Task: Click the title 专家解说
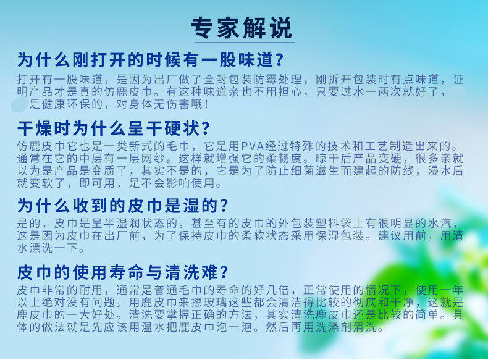pos(242,28)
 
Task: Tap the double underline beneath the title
pos(245,43)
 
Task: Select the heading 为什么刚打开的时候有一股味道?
pos(150,60)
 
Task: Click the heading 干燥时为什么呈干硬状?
pos(114,128)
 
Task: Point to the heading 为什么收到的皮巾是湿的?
pos(123,206)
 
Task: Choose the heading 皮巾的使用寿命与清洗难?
pos(123,272)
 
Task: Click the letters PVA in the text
pos(253,146)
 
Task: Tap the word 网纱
pos(153,158)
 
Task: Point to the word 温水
pos(153,327)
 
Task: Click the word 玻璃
pos(216,302)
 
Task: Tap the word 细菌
pos(303,171)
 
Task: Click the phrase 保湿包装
pos(340,235)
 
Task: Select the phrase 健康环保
pos(66,104)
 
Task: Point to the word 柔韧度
pos(284,158)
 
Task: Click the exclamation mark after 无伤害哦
pos(206,104)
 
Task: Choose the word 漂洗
pos(41,248)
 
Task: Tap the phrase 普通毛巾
pos(179,290)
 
